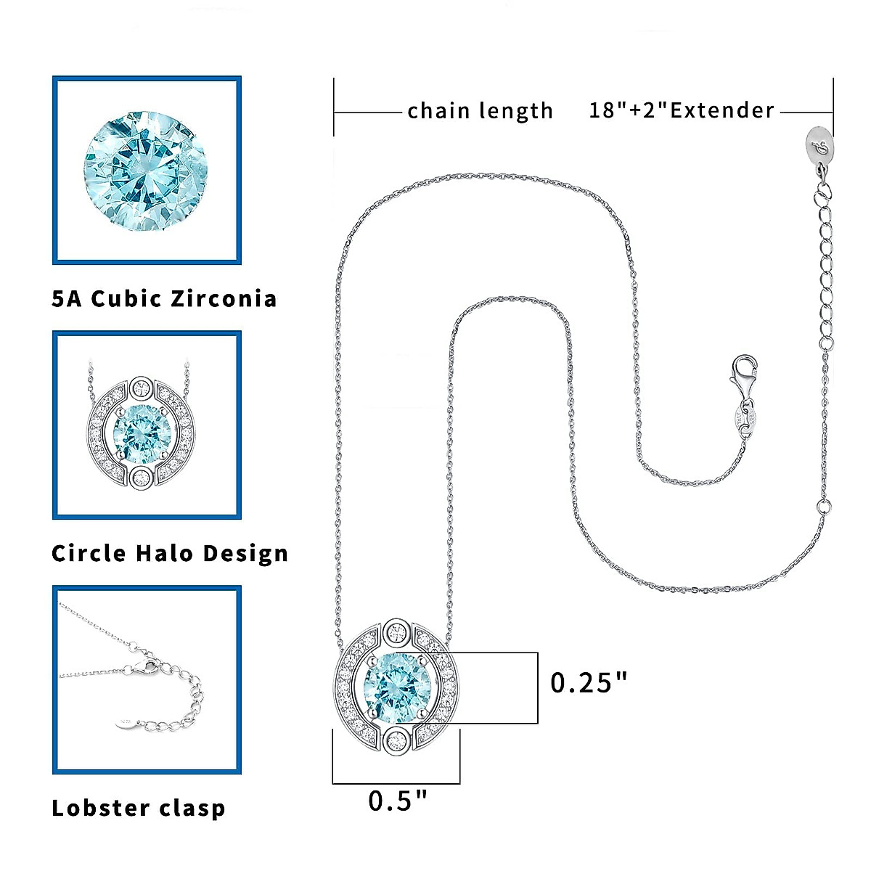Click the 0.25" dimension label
tap(588, 682)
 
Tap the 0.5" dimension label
tap(398, 801)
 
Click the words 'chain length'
tap(480, 111)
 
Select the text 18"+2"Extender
tap(682, 110)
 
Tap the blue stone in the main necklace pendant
tap(396, 686)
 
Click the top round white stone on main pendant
tap(397, 631)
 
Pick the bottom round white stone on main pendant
tap(397, 741)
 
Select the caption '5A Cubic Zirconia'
tap(164, 298)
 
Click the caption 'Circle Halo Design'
tap(170, 553)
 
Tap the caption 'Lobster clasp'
tap(139, 808)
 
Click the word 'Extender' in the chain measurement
tap(722, 110)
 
